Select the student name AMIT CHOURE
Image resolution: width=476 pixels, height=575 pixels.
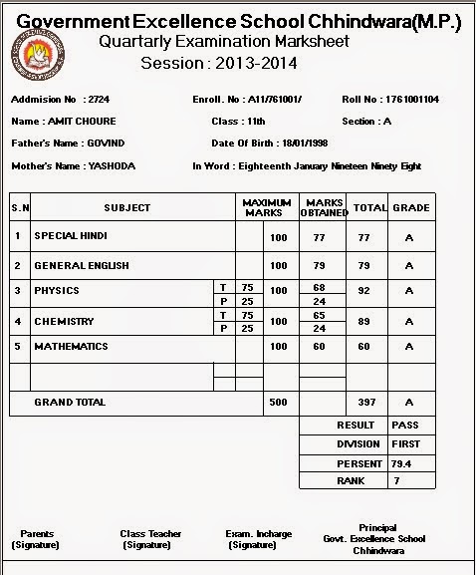tap(83, 122)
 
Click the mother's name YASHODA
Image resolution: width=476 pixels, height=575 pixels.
tap(112, 165)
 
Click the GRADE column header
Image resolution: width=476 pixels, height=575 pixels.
tap(410, 208)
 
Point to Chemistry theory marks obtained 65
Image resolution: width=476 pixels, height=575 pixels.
tap(320, 315)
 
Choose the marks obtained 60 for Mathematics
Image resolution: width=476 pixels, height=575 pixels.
tap(320, 347)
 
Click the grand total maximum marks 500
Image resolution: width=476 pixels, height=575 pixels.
tap(278, 403)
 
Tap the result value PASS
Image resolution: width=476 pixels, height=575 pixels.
tap(405, 426)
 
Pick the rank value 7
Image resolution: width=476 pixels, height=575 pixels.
tap(395, 482)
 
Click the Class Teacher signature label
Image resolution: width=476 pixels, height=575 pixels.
tap(150, 539)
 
